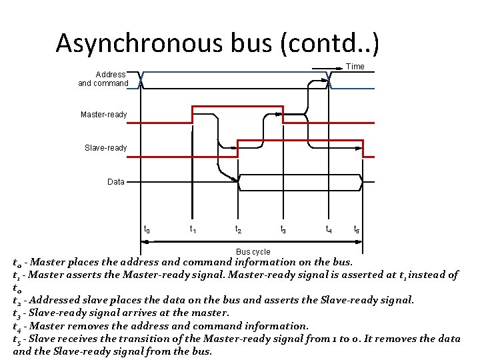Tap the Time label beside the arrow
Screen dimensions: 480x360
click(355, 66)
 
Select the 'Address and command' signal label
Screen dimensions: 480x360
click(103, 79)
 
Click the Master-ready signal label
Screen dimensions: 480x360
click(103, 115)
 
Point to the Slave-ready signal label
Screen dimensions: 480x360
click(105, 147)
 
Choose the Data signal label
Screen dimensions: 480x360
click(115, 181)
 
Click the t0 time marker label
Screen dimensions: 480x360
click(147, 229)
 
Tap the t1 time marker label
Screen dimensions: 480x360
click(193, 229)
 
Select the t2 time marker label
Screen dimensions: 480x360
click(238, 229)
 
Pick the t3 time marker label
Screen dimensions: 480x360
click(283, 229)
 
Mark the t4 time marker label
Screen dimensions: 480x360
click(329, 229)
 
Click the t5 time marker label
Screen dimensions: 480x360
click(357, 229)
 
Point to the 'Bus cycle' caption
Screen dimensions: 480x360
click(253, 251)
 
